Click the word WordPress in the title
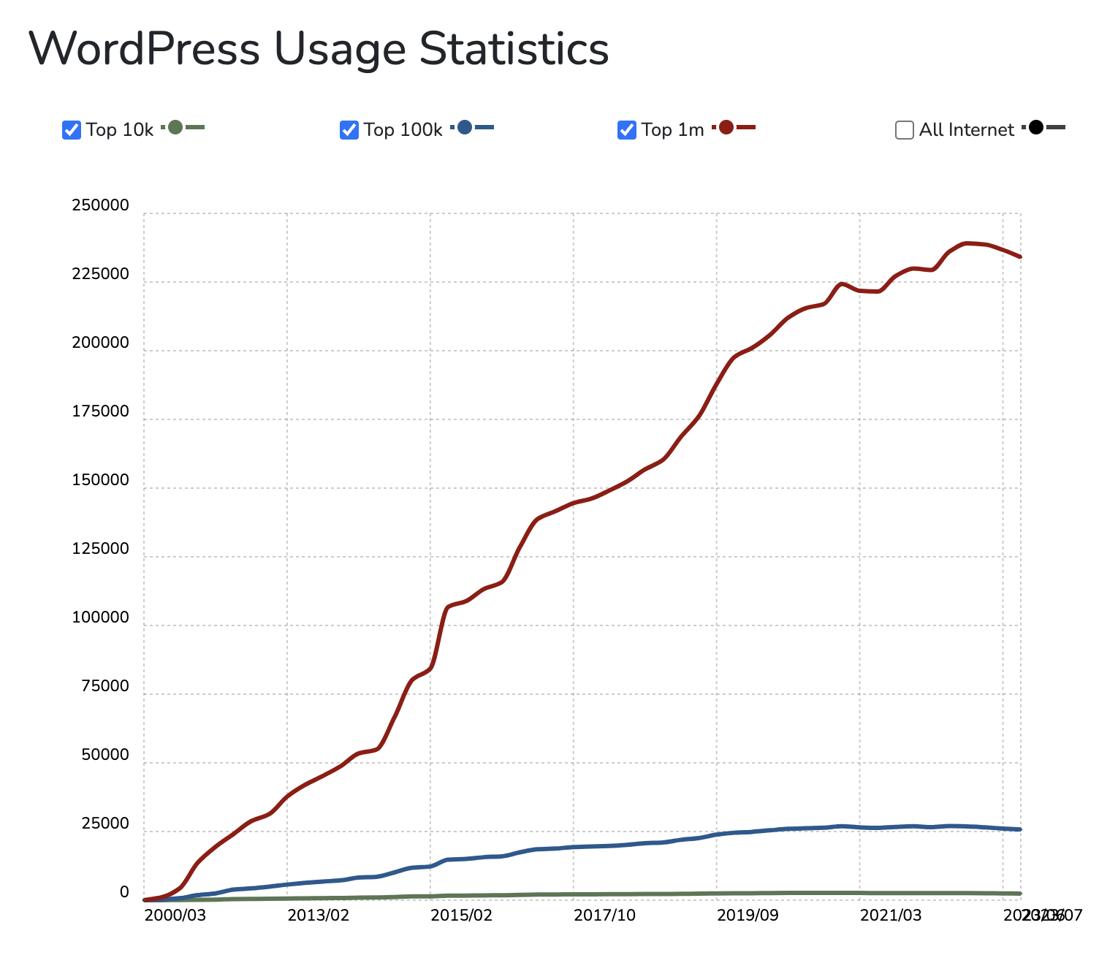point(145,49)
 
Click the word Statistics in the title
point(514,49)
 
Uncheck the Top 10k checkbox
point(72,130)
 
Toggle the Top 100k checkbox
point(349,130)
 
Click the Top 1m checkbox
point(627,130)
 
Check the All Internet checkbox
point(905,130)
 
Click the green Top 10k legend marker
point(175,128)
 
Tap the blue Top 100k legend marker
point(465,128)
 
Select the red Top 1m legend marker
point(726,128)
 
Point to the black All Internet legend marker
point(1035,128)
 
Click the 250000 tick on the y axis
point(100,206)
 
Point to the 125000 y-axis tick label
point(100,549)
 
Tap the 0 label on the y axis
point(124,892)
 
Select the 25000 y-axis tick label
point(104,823)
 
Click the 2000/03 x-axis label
point(175,915)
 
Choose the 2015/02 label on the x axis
point(461,915)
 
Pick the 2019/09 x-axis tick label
point(748,915)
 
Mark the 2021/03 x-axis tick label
point(891,915)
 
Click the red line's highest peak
point(968,243)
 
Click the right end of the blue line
point(1019,829)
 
